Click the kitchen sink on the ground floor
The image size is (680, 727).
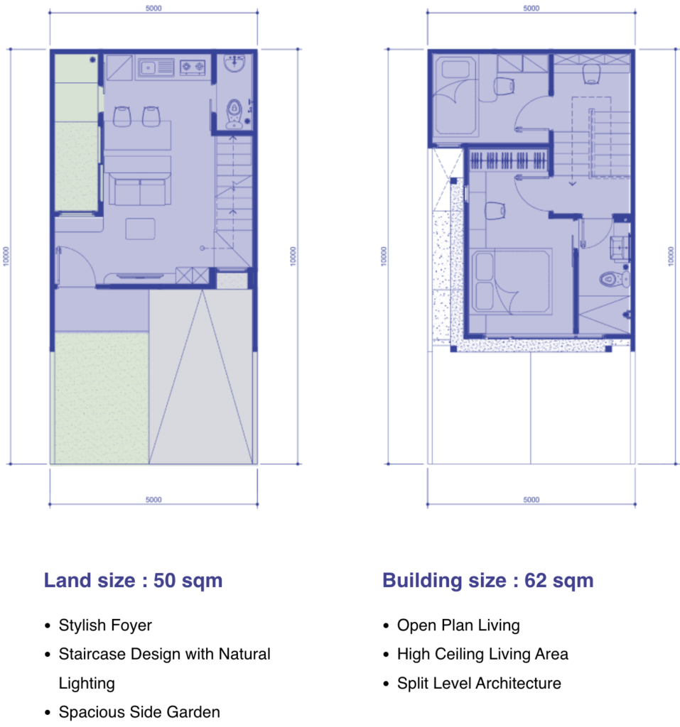[156, 67]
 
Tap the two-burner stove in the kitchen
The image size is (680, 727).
[193, 67]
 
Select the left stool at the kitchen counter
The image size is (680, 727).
[122, 116]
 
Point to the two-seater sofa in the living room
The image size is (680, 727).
[140, 188]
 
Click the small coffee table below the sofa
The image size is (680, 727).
[140, 229]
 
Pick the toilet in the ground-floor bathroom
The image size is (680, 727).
[234, 114]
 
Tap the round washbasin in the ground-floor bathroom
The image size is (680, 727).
[234, 62]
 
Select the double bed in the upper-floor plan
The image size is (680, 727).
[512, 281]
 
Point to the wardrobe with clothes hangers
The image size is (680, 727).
[508, 160]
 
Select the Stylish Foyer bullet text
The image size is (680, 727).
[105, 625]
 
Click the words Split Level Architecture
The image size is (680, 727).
[479, 683]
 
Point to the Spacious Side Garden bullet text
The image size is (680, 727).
[139, 711]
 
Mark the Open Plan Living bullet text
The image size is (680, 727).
[458, 625]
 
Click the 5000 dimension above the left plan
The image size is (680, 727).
[153, 9]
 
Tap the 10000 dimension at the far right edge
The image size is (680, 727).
[671, 256]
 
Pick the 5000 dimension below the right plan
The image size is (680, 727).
[531, 500]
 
